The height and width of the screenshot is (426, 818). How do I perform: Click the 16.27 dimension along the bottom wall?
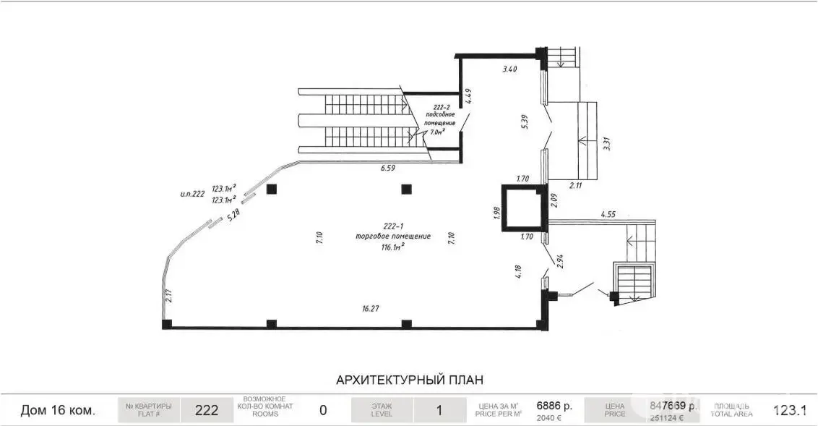(370, 308)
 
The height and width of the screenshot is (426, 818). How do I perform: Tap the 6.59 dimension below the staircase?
(389, 169)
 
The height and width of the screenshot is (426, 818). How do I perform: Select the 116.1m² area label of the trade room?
(392, 247)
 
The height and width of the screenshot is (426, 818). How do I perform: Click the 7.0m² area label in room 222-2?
(439, 132)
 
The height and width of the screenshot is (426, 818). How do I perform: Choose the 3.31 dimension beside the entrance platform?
(606, 142)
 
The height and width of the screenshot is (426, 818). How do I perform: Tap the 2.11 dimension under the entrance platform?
(575, 185)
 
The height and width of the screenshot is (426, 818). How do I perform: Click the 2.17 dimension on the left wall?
(168, 295)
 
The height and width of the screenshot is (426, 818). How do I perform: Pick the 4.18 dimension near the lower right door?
(517, 271)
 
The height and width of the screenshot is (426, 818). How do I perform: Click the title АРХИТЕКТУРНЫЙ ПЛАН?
(409, 379)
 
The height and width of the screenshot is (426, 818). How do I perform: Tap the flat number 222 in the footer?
(207, 410)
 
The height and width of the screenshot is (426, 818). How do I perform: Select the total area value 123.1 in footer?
(789, 410)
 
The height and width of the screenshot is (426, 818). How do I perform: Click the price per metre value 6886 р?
(554, 406)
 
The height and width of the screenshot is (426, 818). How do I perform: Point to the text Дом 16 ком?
(58, 410)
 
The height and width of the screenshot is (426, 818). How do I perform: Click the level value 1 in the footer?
(439, 410)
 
